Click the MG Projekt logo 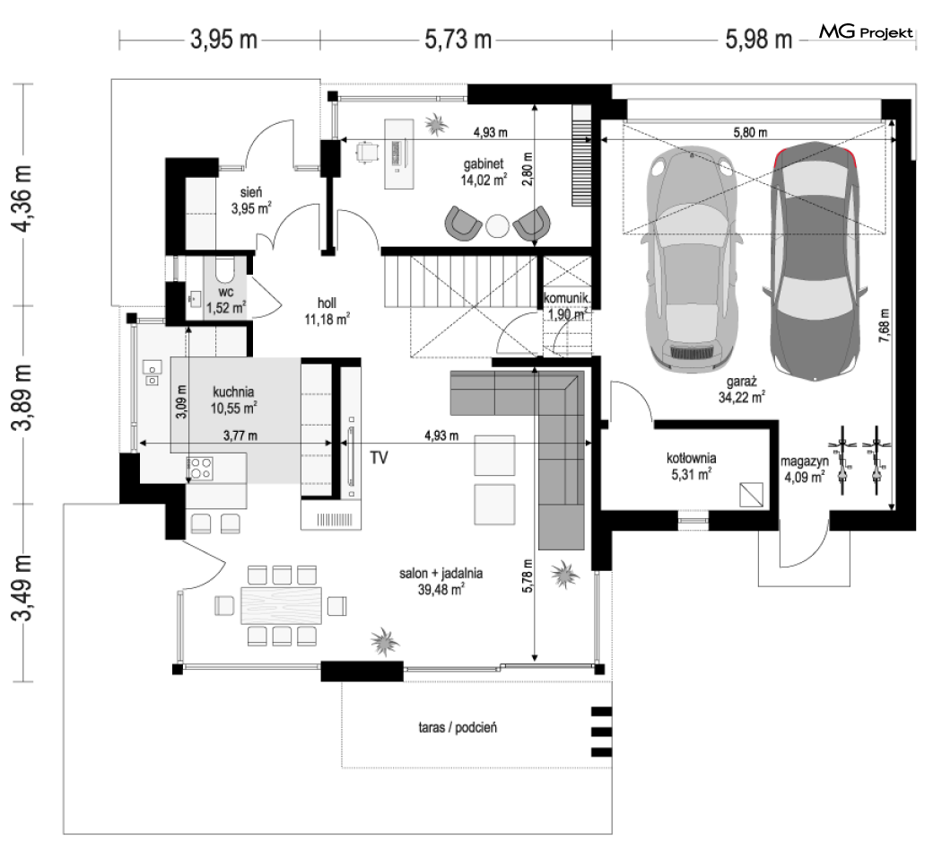867,32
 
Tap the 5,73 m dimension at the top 458,40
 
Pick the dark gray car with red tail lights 816,261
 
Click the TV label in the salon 379,458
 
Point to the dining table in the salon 281,606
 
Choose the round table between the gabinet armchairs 497,226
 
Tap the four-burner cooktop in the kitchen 200,470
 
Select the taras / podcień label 458,728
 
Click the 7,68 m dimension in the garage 884,326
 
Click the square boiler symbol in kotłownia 752,495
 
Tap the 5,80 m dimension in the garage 750,132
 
